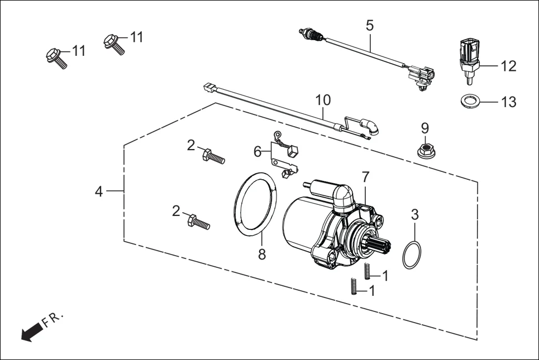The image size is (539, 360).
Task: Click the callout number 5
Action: click(x=370, y=25)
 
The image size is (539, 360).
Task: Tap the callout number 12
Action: click(x=508, y=66)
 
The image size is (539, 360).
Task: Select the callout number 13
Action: click(x=508, y=102)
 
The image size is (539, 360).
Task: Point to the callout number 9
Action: click(x=424, y=128)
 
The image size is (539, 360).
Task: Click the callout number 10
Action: click(x=323, y=100)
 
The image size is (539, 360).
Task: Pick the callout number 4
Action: click(x=99, y=191)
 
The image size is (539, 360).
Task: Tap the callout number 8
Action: click(x=262, y=255)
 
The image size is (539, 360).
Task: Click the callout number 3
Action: click(x=414, y=214)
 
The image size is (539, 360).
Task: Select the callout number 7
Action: click(x=365, y=177)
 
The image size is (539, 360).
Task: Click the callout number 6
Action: click(x=257, y=151)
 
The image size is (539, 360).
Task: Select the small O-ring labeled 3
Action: click(x=412, y=255)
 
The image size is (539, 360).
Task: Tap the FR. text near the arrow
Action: click(x=54, y=319)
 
